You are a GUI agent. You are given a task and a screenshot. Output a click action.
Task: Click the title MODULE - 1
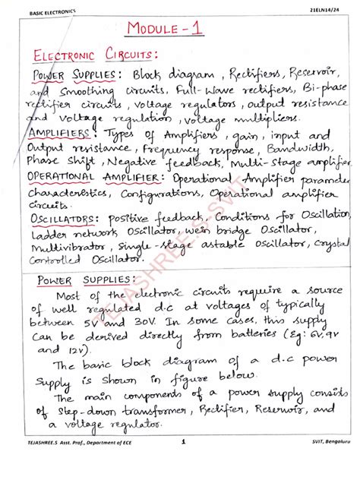tap(166, 30)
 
